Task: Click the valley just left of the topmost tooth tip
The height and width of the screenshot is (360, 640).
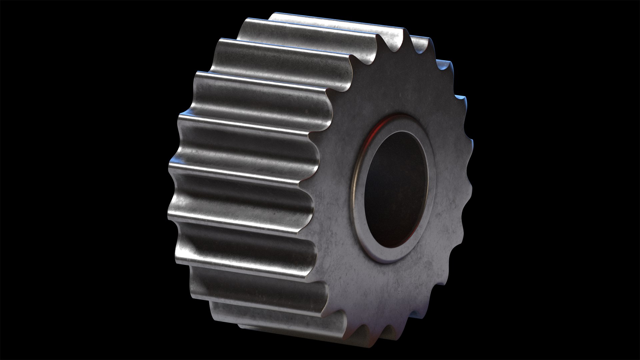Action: pyautogui.click(x=393, y=50)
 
